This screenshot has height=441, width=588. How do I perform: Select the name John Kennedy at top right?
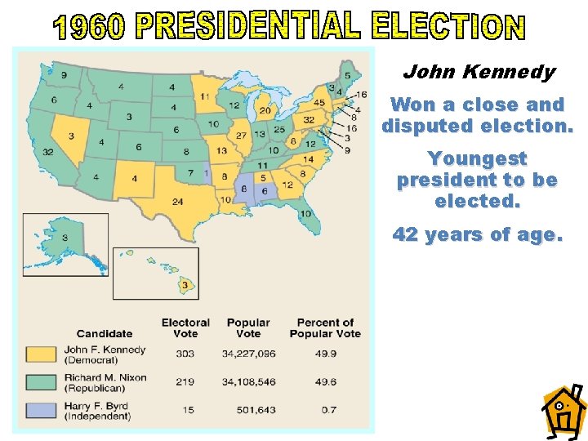pyautogui.click(x=479, y=72)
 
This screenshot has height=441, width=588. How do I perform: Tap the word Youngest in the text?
pyautogui.click(x=478, y=158)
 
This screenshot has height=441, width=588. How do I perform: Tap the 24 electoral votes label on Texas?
pyautogui.click(x=177, y=202)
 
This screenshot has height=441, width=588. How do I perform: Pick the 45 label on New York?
pyautogui.click(x=318, y=102)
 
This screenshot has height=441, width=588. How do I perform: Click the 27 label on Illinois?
pyautogui.click(x=241, y=135)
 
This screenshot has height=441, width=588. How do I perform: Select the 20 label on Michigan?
pyautogui.click(x=265, y=110)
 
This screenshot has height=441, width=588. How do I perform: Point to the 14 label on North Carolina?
pyautogui.click(x=308, y=159)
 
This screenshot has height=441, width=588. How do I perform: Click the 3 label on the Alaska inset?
pyautogui.click(x=65, y=237)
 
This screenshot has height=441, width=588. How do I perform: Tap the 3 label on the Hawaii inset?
pyautogui.click(x=185, y=285)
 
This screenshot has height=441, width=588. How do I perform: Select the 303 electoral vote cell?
pyautogui.click(x=185, y=353)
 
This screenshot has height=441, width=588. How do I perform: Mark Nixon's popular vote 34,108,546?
pyautogui.click(x=248, y=381)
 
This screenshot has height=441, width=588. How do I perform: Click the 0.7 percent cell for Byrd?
pyautogui.click(x=324, y=409)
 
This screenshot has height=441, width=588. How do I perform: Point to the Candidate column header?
pyautogui.click(x=104, y=333)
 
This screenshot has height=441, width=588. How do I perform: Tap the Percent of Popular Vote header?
pyautogui.click(x=324, y=327)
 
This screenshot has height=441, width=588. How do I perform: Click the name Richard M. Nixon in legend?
pyautogui.click(x=104, y=376)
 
